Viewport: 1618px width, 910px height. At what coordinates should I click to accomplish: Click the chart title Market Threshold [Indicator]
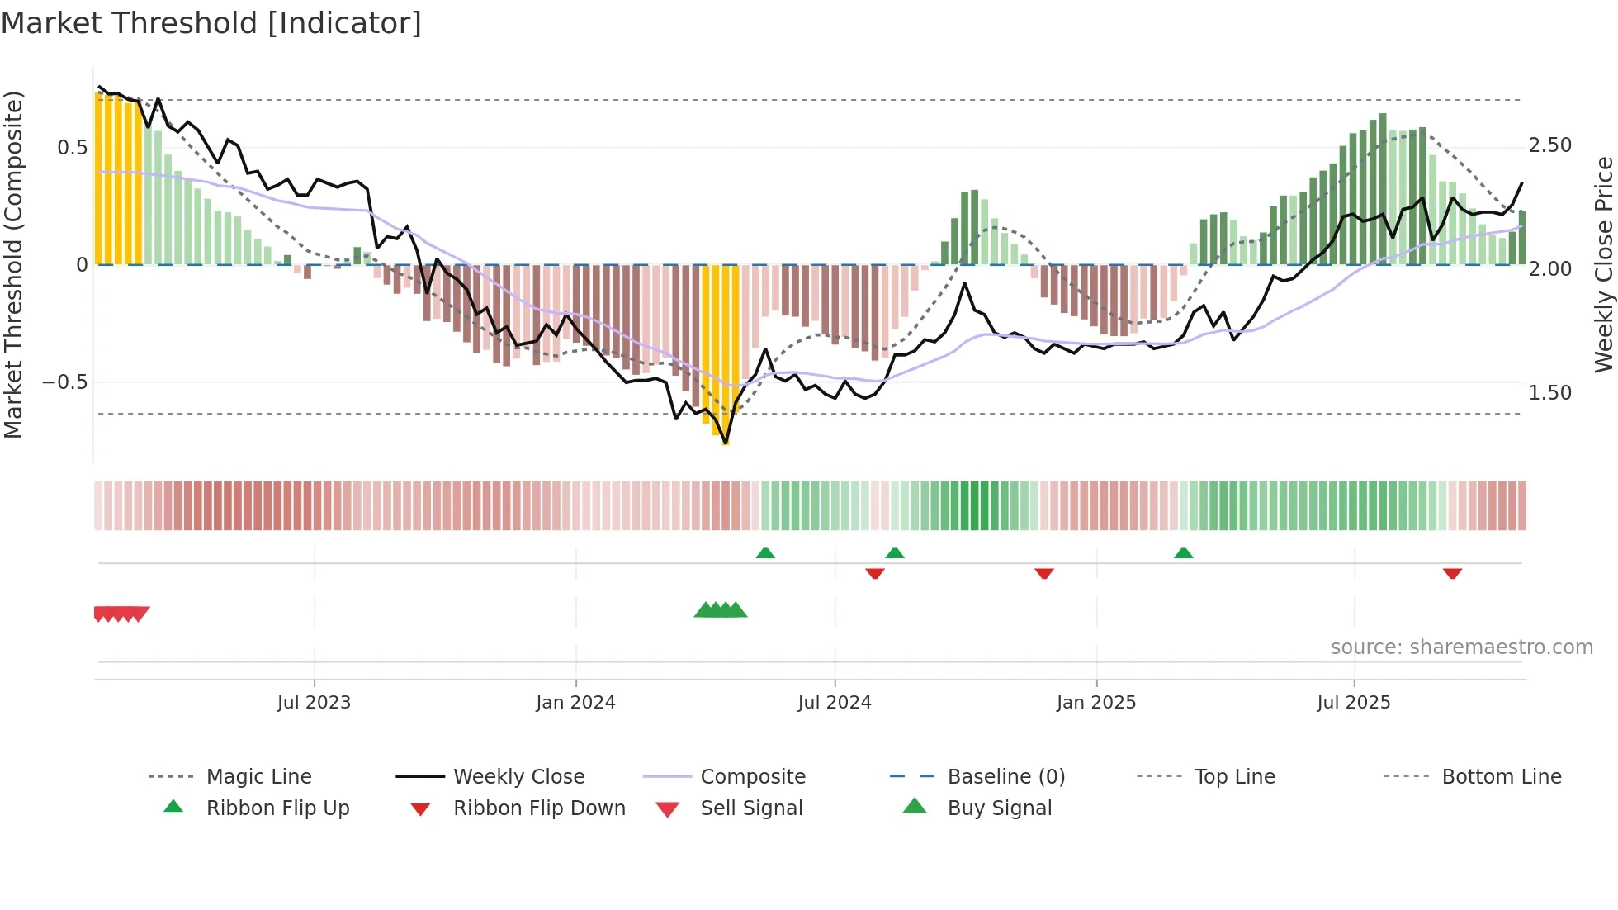coord(211,23)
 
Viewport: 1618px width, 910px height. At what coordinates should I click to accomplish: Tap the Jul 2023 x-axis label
coord(314,703)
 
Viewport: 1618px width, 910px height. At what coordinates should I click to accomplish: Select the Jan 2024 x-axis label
coord(575,703)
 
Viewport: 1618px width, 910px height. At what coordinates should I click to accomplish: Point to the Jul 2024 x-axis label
coord(835,703)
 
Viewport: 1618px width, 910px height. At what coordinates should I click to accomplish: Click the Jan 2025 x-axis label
coord(1096,703)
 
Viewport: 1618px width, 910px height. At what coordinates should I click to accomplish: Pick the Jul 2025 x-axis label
coord(1354,703)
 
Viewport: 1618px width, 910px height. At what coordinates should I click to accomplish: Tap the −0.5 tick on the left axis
coord(64,382)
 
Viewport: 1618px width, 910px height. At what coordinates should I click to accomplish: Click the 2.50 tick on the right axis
coord(1549,145)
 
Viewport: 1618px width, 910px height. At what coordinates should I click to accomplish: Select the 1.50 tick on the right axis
coord(1549,393)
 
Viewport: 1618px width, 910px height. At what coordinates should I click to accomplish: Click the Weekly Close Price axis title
coord(1603,264)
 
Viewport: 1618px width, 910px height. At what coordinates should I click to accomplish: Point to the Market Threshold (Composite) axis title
coord(13,264)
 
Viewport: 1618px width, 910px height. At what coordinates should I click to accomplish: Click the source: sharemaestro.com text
coord(1461,647)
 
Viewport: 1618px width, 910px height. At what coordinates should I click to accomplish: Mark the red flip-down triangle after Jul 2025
coord(1452,574)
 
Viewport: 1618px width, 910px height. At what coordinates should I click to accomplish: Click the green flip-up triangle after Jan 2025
coord(1183,553)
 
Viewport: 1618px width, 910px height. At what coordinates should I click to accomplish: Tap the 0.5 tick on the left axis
coord(72,148)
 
